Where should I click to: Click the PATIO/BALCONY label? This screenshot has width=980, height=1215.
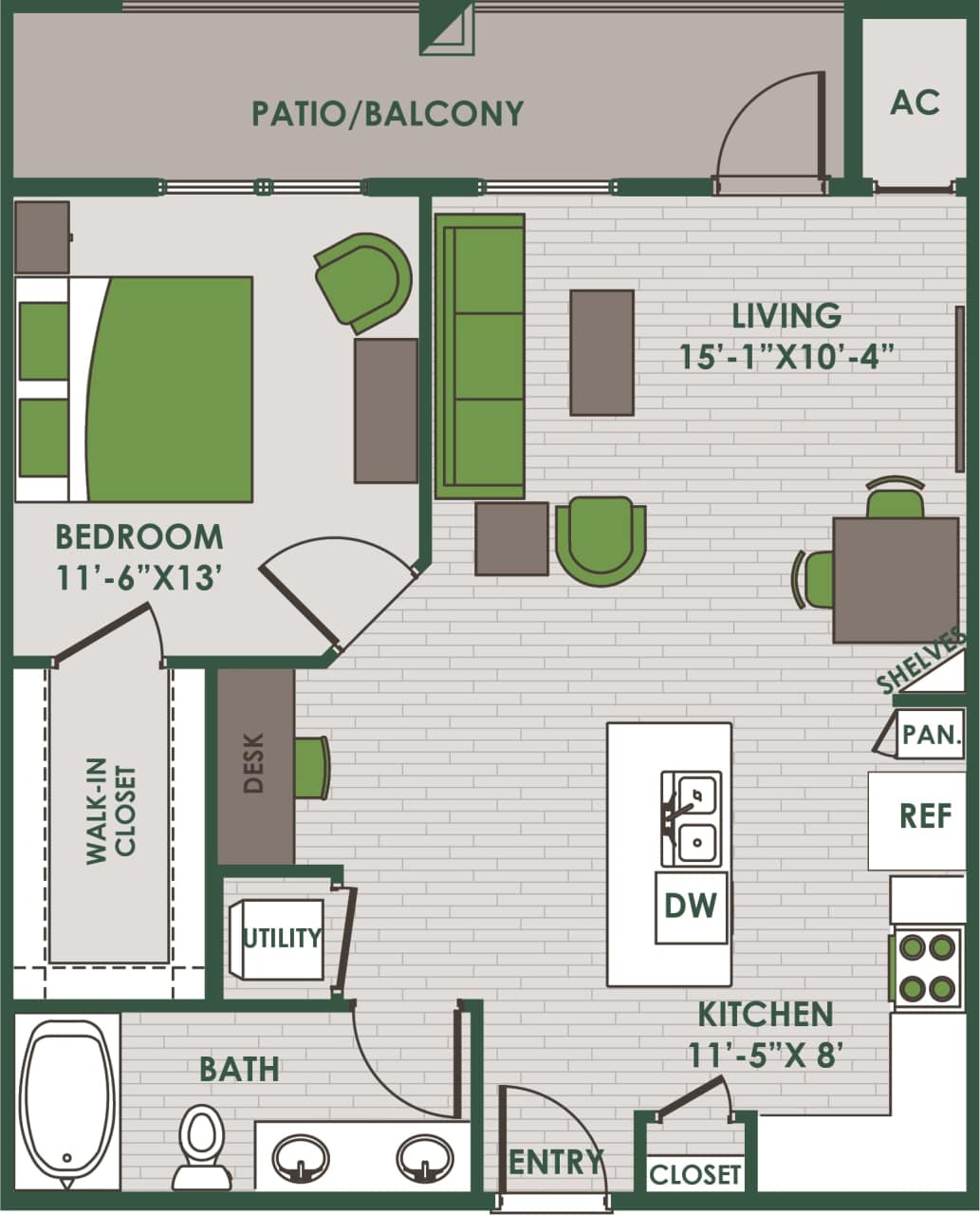[x=387, y=114]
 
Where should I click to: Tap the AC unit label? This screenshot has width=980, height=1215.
[x=914, y=103]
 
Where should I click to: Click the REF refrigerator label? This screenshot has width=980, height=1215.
[x=925, y=816]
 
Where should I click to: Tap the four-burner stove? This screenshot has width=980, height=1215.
[x=927, y=968]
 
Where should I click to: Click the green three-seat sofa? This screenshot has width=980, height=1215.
[x=480, y=356]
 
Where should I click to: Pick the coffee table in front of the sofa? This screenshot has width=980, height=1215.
[x=601, y=352]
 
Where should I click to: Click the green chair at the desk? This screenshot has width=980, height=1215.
[x=311, y=767]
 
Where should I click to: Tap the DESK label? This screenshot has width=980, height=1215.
[x=254, y=763]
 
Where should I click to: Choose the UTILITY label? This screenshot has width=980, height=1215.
[x=282, y=938]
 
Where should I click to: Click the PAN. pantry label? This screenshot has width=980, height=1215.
[x=931, y=734]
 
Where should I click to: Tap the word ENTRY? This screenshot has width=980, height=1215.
[x=555, y=1162]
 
